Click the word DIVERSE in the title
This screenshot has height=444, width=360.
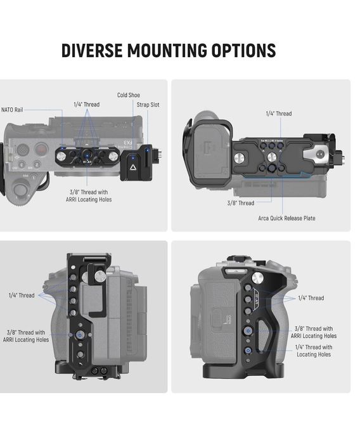click(x=92, y=51)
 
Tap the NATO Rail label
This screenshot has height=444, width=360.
click(x=12, y=110)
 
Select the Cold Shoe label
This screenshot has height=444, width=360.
click(x=129, y=95)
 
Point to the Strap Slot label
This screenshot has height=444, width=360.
click(x=148, y=105)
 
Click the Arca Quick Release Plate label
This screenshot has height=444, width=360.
click(x=286, y=218)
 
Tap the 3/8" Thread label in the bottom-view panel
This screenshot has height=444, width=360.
click(x=241, y=203)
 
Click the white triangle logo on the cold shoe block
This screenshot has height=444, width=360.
click(x=132, y=167)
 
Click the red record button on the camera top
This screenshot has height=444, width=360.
click(x=41, y=149)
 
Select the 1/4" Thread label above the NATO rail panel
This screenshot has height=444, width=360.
click(x=87, y=105)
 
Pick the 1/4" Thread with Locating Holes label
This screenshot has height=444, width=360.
click(x=314, y=351)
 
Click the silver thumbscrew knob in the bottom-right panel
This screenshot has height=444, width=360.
click(x=257, y=278)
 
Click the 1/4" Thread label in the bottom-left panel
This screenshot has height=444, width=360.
click(x=22, y=296)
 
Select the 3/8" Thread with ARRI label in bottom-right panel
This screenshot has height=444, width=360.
click(x=314, y=332)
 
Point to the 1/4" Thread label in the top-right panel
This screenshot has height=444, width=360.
click(x=279, y=114)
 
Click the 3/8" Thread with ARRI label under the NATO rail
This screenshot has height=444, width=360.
click(x=89, y=196)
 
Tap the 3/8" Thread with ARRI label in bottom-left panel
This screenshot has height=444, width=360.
click(x=26, y=336)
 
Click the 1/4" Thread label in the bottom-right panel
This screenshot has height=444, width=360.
click(x=311, y=298)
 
